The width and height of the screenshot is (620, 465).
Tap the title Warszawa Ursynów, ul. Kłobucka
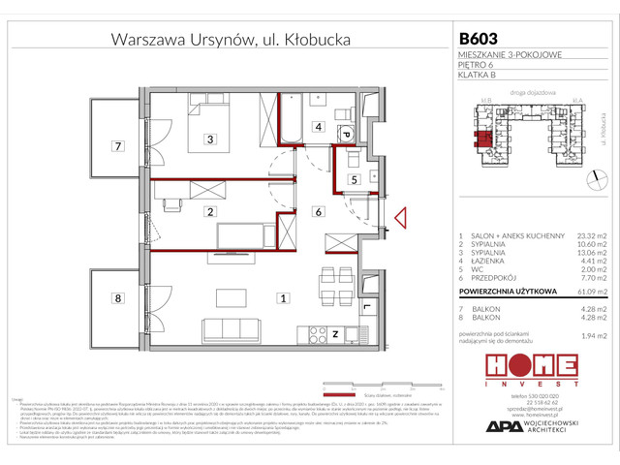click(x=231, y=40)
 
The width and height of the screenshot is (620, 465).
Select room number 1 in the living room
click(x=282, y=299)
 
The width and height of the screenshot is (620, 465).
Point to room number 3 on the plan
click(x=209, y=139)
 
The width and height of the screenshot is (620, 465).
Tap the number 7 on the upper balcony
click(x=117, y=147)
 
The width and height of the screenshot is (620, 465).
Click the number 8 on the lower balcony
click(x=117, y=299)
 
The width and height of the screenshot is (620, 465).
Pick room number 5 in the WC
click(x=355, y=179)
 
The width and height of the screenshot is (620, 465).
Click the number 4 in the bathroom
click(x=317, y=126)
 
